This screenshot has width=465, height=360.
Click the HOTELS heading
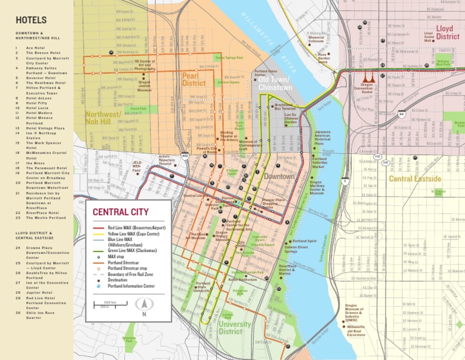[x=31, y=20]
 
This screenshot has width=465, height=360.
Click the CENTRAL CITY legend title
[x=120, y=212]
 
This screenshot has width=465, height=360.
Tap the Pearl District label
[x=194, y=79]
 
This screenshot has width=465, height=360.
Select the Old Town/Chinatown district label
[x=275, y=84]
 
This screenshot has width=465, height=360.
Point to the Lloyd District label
[x=447, y=33]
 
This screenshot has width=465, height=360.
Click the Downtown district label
[x=279, y=176]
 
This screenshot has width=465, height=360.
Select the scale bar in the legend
[x=105, y=304]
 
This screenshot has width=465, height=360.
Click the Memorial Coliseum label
[x=316, y=39]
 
